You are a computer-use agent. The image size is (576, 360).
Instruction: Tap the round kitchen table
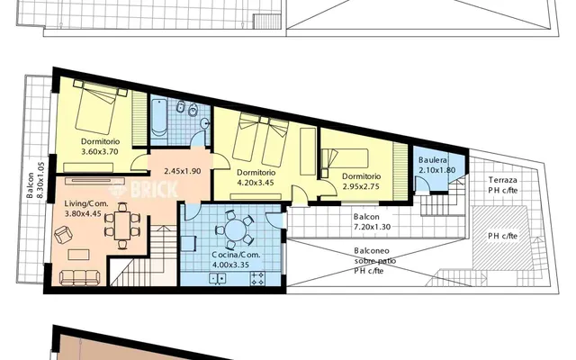[x=236, y=230]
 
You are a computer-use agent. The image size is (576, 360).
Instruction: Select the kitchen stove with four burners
[x=257, y=278]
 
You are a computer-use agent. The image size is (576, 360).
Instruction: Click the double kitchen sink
[x=218, y=278]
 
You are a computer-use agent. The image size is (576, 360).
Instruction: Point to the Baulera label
[x=433, y=160]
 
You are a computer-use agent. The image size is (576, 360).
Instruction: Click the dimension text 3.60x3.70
[x=100, y=151]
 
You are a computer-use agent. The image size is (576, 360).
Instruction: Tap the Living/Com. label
[x=86, y=203]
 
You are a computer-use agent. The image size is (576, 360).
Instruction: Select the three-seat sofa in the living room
[x=80, y=277]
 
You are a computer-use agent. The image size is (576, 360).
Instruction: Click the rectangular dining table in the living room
[x=122, y=226]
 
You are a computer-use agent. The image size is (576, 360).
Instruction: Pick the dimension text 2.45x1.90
[x=183, y=171]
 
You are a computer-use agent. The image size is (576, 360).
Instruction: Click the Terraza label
[x=503, y=180]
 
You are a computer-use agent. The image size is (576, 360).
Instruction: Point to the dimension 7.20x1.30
[x=372, y=227]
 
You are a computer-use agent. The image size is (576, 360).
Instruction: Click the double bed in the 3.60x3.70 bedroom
[x=97, y=106]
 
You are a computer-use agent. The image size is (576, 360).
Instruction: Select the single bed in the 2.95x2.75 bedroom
[x=345, y=158]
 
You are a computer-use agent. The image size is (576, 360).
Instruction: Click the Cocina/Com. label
[x=236, y=255]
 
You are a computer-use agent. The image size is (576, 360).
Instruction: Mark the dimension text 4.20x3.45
[x=256, y=182]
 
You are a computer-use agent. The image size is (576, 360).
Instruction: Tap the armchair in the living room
[x=63, y=234]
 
